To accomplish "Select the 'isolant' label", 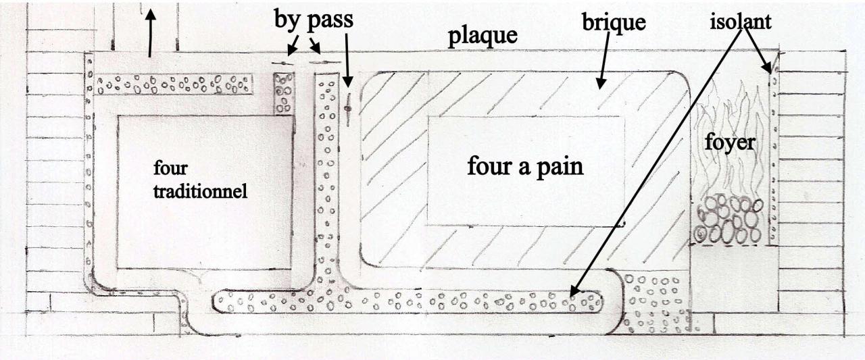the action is (740, 22).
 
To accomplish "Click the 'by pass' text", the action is (313, 19).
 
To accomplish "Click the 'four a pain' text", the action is (524, 165).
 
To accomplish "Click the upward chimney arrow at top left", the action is (150, 30).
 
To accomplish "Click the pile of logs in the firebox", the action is (728, 220).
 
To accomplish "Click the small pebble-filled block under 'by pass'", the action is (283, 93).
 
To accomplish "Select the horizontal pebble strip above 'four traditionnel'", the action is (174, 84).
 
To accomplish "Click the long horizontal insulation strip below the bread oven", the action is (405, 301).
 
